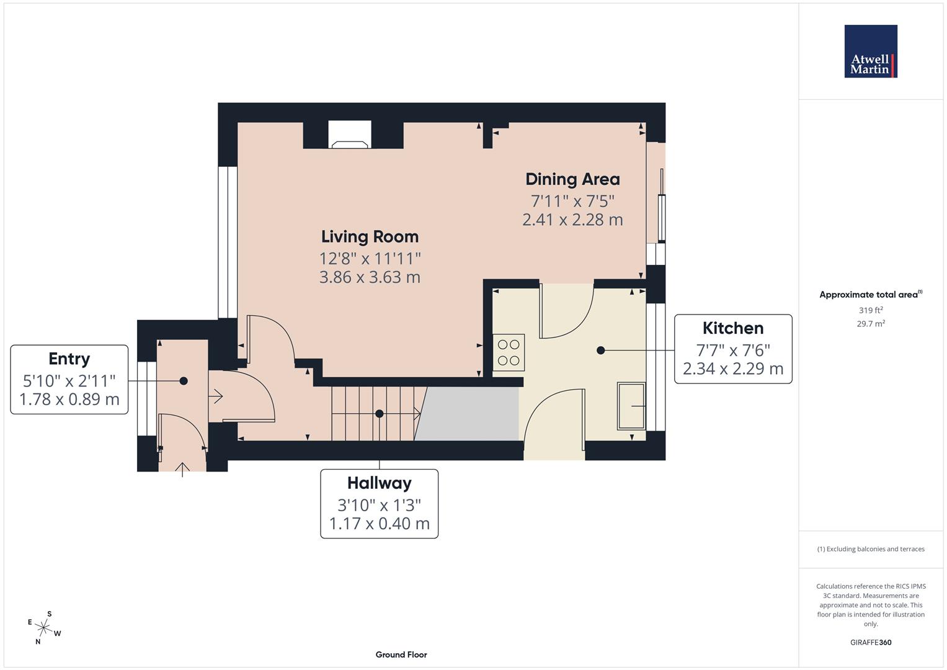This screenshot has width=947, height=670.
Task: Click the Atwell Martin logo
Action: pos(870,51)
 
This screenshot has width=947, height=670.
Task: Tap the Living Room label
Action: pos(370,236)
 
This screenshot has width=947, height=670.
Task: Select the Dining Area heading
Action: pos(572,179)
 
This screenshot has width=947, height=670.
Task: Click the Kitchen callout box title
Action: pos(732,328)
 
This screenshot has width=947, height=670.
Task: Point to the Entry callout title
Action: pos(69,359)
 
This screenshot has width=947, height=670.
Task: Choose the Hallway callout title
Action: pos(379,483)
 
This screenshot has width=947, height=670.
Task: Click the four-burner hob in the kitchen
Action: pos(509,352)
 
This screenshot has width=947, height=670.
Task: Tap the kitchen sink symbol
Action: pos(631,406)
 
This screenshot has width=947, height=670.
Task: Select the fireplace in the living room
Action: pos(350,135)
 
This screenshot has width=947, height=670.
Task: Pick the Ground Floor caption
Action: pos(401,654)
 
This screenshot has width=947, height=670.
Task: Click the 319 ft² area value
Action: pos(870,310)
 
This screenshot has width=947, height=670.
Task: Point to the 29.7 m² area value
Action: pos(870,324)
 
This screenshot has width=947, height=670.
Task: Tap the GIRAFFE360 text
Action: pos(870,642)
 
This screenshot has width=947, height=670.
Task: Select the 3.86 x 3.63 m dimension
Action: pos(370,277)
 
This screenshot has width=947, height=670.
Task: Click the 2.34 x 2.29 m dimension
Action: pos(732,369)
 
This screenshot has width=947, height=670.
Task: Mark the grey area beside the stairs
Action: pos(469,414)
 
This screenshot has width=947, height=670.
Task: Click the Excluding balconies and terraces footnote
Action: pos(870,549)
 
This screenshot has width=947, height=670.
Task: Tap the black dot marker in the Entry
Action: pos(184,381)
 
